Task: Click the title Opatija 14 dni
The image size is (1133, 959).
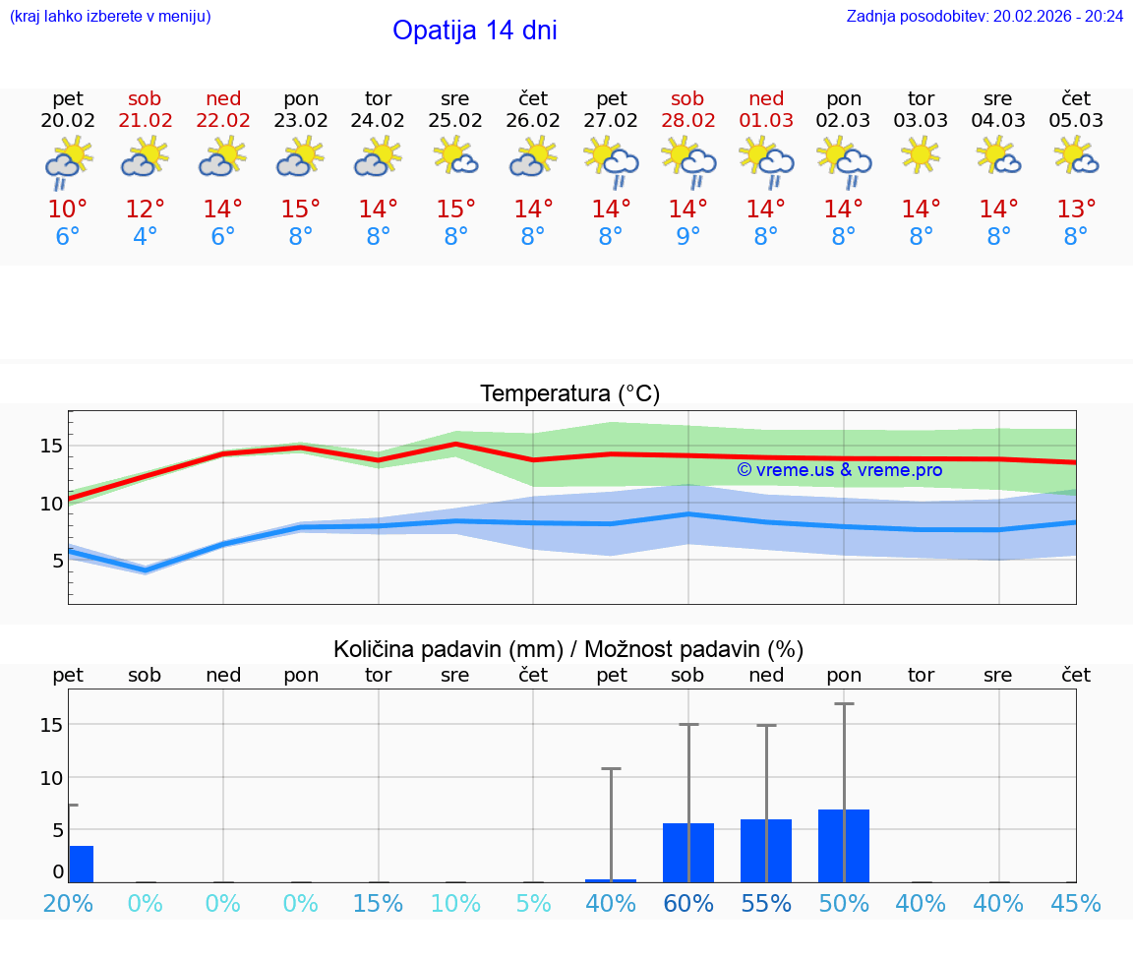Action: tap(474, 30)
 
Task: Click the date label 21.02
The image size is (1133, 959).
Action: tap(145, 121)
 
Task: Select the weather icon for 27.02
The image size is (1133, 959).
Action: tap(611, 161)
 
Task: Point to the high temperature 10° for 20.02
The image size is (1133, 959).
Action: tap(68, 210)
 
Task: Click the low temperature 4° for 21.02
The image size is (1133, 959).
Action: tap(145, 237)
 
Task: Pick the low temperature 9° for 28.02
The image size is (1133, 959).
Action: tap(687, 237)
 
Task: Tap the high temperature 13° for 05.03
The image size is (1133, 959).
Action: tap(1076, 210)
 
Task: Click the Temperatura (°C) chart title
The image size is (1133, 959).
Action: tap(569, 394)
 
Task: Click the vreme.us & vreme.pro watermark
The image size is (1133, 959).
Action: tap(839, 470)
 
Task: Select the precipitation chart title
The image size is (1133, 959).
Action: tap(568, 649)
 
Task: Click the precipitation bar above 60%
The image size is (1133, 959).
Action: tap(687, 853)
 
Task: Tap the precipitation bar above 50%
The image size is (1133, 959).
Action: tap(843, 846)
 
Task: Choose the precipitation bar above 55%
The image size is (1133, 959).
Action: tap(765, 851)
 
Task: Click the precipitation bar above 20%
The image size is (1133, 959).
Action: tap(81, 864)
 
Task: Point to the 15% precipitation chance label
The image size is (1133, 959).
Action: tap(378, 903)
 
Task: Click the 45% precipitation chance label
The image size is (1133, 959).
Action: tap(1076, 903)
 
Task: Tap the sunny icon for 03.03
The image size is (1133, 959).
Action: tap(921, 155)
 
